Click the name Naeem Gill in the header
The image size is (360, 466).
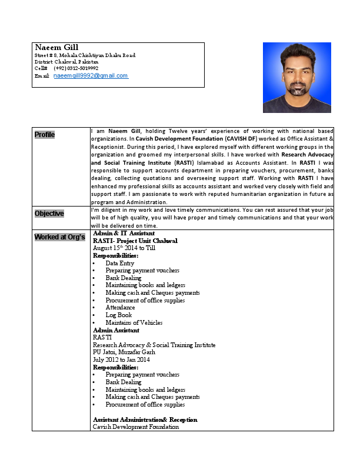pyautogui.click(x=56, y=47)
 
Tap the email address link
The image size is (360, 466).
pyautogui.click(x=91, y=76)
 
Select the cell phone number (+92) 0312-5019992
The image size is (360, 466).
pyautogui.click(x=76, y=68)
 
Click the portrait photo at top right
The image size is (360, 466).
pyautogui.click(x=296, y=77)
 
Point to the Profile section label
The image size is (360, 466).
pyautogui.click(x=45, y=135)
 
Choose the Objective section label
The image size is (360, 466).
pyautogui.click(x=49, y=214)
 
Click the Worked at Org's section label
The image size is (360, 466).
pyautogui.click(x=59, y=237)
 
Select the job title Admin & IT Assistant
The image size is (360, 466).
pyautogui.click(x=124, y=234)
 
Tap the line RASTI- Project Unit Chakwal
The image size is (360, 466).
pyautogui.click(x=135, y=241)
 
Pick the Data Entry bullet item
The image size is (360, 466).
pyautogui.click(x=119, y=263)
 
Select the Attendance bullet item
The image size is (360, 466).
pyautogui.click(x=120, y=307)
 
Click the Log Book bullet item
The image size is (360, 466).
pyautogui.click(x=119, y=315)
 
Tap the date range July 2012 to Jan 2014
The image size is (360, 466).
pyautogui.click(x=121, y=360)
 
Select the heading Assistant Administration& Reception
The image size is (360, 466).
pyautogui.click(x=145, y=420)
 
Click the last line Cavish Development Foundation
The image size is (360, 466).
pyautogui.click(x=135, y=427)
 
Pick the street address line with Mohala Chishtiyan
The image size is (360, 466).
pyautogui.click(x=85, y=55)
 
